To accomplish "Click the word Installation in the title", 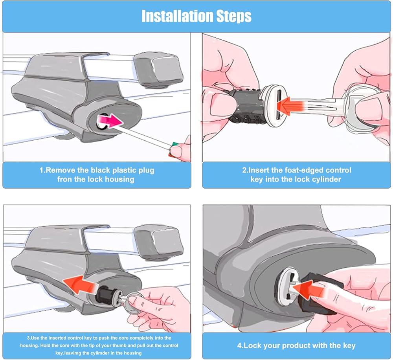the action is (x=177, y=16).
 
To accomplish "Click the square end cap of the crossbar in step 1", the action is (x=158, y=70).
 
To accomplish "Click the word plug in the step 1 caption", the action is (x=147, y=171).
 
